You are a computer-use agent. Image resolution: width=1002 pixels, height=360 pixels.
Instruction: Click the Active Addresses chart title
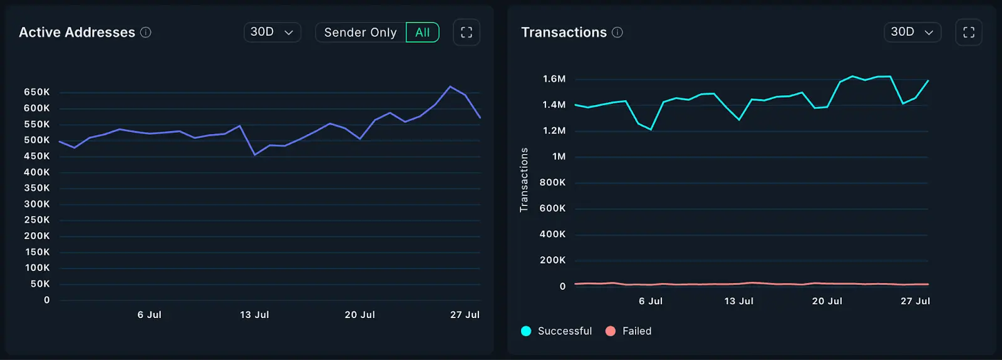[77, 33]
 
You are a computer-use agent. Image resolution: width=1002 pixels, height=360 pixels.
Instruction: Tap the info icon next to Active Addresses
[146, 33]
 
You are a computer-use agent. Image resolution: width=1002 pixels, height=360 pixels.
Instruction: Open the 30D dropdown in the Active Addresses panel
[272, 32]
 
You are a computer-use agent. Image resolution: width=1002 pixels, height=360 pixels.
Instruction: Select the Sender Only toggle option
[360, 33]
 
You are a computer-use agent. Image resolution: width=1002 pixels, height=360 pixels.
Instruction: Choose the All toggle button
[423, 33]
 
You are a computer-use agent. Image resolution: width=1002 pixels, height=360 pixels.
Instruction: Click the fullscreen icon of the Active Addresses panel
[467, 33]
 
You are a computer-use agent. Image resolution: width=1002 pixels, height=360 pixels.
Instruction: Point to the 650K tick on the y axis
[37, 92]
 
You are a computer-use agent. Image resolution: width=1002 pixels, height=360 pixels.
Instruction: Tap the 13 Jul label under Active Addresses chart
[254, 315]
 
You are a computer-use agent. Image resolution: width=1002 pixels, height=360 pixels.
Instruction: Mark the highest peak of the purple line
[450, 86]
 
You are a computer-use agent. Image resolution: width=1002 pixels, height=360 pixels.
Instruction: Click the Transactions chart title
[564, 33]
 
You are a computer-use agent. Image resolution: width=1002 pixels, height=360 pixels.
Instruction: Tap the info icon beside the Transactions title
[617, 33]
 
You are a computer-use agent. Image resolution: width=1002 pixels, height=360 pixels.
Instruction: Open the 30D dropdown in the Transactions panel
[912, 32]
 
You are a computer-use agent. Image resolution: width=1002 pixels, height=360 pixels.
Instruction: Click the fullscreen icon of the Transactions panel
[969, 33]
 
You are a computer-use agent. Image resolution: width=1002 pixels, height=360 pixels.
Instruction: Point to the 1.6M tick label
[554, 79]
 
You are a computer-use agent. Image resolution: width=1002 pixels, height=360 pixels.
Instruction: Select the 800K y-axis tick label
[552, 182]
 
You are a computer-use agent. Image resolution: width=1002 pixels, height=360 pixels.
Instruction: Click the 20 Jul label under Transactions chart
[827, 301]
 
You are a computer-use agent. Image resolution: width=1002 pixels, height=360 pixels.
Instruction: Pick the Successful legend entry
[557, 331]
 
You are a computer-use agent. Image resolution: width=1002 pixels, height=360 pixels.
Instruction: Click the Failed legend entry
[629, 331]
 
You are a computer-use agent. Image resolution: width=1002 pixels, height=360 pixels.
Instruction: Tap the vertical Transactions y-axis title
[524, 180]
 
